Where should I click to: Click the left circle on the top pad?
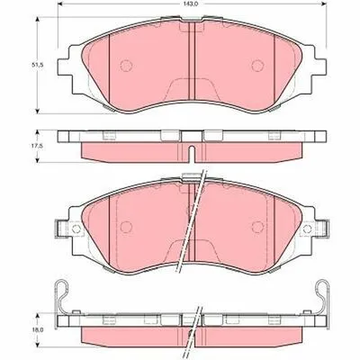pyautogui.click(x=126, y=66)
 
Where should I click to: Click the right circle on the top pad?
pyautogui.click(x=257, y=66)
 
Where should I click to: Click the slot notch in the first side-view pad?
pyautogui.click(x=192, y=153)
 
